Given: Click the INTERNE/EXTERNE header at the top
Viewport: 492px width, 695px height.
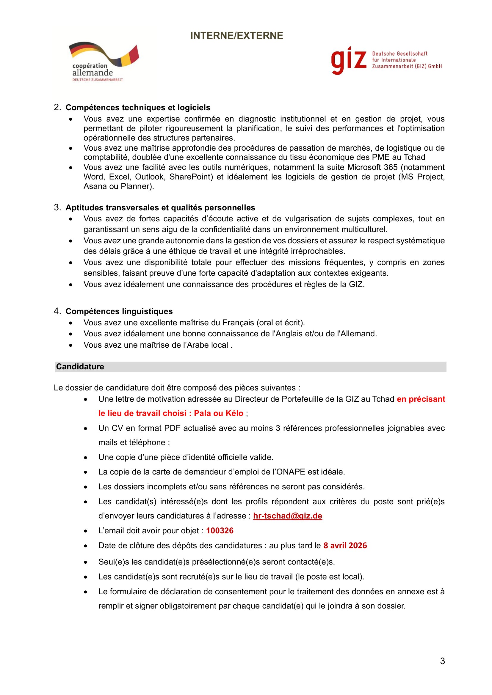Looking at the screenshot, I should tap(236, 36).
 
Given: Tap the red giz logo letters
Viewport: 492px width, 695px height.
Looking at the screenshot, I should tap(349, 60).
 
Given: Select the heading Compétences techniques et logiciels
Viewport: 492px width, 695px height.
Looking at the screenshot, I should tap(138, 108).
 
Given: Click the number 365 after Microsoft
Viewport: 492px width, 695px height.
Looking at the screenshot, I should tap(391, 167).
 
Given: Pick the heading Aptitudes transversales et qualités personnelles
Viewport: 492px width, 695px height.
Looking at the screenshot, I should tap(160, 208).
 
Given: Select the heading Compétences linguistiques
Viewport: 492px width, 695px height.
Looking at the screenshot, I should tap(119, 311).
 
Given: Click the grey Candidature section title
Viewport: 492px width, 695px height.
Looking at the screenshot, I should tap(80, 367).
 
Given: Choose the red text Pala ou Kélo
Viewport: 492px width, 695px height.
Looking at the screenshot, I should tap(218, 414).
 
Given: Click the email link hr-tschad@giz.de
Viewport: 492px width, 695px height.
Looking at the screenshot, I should tap(288, 516).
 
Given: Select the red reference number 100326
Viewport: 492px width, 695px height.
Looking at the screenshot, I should tap(220, 531).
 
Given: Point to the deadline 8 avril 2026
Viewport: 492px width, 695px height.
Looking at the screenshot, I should tap(345, 546).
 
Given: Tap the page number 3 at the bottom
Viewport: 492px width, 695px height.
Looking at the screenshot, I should tap(442, 661).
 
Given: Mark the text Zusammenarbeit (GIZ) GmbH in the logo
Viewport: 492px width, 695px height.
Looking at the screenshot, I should tap(407, 66).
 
